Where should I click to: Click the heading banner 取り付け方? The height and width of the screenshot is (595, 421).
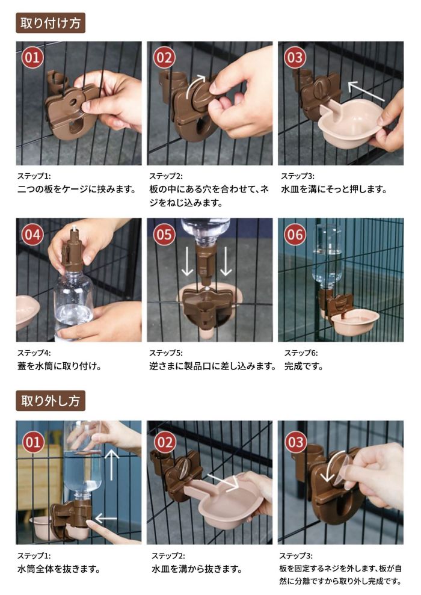coord(51,23)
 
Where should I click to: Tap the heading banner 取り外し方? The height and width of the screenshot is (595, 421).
coord(51,400)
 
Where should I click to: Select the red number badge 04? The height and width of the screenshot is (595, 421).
coord(32,235)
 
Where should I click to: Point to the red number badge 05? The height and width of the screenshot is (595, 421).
coord(164,235)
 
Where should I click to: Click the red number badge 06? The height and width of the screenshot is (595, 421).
coord(295,235)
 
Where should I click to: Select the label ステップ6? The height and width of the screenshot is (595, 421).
coord(301,353)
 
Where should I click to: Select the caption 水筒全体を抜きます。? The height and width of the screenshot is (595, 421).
coord(58,569)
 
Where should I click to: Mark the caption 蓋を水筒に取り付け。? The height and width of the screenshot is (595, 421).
coord(58,365)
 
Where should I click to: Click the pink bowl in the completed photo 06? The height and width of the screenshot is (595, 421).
coord(355,322)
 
